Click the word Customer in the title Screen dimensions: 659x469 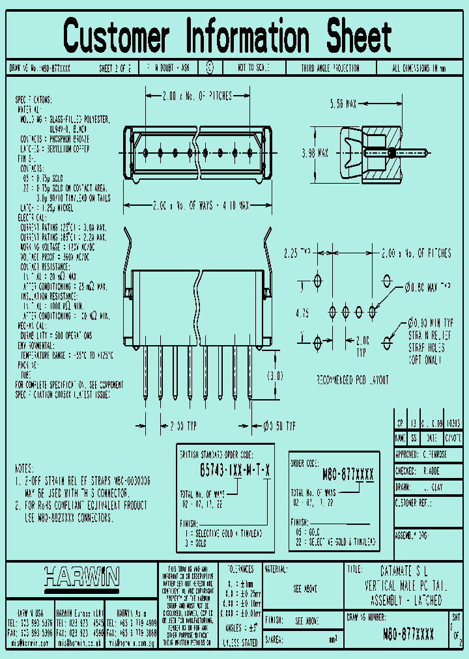(117, 36)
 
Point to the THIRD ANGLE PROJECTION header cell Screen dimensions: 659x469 (330, 68)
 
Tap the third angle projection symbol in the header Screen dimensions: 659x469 (209, 67)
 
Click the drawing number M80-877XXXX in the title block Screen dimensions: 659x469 (408, 634)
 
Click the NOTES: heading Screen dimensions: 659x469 (27, 468)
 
